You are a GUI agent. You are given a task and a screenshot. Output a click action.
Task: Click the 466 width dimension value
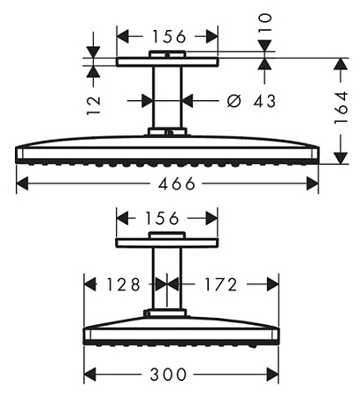point(176,183)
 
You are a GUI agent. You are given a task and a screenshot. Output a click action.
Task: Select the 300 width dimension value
point(169,374)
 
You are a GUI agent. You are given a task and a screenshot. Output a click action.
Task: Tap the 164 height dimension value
point(341,108)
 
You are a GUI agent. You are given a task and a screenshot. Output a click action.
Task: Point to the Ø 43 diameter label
point(251,101)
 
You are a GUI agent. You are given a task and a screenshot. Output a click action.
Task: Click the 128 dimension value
point(123,284)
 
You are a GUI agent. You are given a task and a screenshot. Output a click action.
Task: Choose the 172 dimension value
point(220,284)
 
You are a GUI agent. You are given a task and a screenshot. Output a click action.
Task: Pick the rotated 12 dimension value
point(94,105)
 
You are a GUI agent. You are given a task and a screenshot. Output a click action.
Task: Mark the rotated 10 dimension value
point(265,22)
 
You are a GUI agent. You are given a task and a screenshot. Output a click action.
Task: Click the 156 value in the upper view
point(169,37)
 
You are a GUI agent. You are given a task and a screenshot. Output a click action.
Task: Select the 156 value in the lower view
point(162,219)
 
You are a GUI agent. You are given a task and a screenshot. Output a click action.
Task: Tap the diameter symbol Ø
point(234,101)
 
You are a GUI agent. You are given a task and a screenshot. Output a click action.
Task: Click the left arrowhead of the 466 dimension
point(22,183)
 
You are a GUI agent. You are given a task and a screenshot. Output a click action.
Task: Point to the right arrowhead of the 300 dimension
point(273,374)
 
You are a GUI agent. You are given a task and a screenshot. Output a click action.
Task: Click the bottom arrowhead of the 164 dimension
point(341,158)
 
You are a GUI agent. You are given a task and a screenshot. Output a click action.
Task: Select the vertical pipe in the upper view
point(167,97)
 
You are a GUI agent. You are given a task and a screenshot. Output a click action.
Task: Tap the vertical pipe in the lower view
point(167,278)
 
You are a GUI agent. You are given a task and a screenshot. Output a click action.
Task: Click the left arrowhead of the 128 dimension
point(90,284)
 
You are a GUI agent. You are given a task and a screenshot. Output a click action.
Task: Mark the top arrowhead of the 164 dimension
point(341,64)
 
